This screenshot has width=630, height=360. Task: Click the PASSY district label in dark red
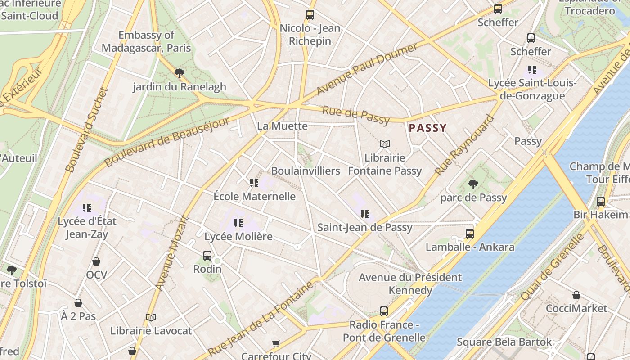[x=427, y=128]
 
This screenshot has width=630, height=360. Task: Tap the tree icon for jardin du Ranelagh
[x=179, y=73]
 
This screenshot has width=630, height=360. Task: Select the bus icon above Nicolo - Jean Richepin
[x=310, y=14]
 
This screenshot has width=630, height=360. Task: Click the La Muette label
[x=282, y=126]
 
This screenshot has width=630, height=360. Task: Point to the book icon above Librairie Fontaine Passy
[x=384, y=144]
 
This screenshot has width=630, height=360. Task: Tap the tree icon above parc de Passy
[x=473, y=184]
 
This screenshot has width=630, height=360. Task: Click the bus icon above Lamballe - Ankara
[x=470, y=234]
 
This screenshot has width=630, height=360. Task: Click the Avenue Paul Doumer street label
[x=366, y=70]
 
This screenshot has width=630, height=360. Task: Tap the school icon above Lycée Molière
[x=238, y=222]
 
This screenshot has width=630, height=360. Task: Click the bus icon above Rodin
[x=207, y=255]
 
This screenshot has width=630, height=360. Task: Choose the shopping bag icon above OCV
[x=96, y=261]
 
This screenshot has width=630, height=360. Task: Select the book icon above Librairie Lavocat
[x=151, y=317]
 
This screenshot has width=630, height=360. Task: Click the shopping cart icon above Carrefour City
[x=276, y=343]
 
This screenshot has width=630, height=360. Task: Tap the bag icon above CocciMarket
[x=576, y=295]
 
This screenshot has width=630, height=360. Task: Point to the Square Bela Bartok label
[x=504, y=342]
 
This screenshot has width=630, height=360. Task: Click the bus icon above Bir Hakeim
[x=601, y=201]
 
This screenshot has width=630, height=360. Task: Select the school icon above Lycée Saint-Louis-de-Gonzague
[x=532, y=70]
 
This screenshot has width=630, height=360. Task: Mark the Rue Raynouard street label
[x=464, y=145]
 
